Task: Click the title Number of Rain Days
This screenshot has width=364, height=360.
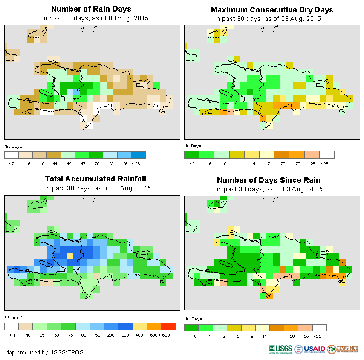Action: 91,9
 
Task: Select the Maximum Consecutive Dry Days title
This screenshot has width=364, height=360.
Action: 272,9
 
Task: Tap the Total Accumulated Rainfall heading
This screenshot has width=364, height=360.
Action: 98,179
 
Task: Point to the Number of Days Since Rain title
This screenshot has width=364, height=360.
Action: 269,180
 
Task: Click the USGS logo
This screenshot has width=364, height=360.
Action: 280,349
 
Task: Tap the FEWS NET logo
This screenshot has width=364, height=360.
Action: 343,349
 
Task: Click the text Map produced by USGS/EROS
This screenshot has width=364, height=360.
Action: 44,352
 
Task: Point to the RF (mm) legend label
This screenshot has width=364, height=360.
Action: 13,318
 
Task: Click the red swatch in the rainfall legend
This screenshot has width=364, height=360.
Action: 168,326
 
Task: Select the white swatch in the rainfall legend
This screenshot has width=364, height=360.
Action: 12,326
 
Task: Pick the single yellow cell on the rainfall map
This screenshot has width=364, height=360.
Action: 70,256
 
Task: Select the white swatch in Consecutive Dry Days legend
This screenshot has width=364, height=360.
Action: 327,155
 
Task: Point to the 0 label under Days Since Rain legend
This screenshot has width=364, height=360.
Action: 195,337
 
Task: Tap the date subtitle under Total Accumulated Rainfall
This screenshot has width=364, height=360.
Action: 98,188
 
